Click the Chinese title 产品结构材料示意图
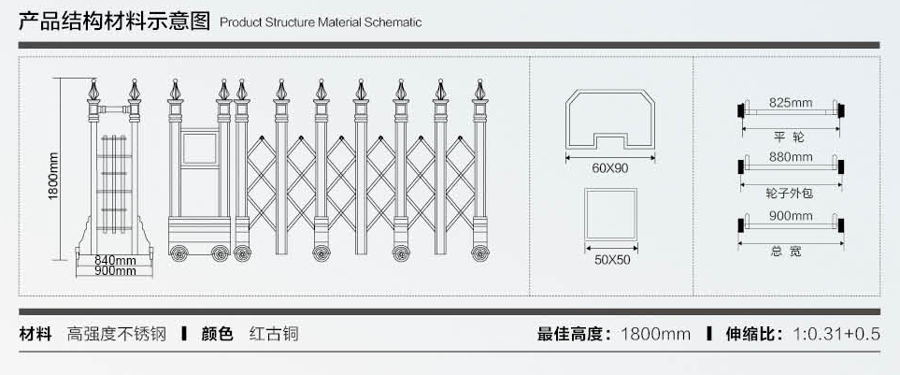click(116, 21)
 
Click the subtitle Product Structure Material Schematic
click(321, 22)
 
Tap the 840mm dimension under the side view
click(115, 260)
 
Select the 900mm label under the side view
click(115, 271)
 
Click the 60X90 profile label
click(610, 168)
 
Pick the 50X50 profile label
click(611, 259)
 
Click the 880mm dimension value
click(790, 157)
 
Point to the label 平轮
click(790, 137)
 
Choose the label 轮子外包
click(790, 193)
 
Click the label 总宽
click(790, 251)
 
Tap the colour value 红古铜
click(274, 333)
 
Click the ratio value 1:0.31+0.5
click(836, 333)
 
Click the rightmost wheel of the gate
click(479, 252)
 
